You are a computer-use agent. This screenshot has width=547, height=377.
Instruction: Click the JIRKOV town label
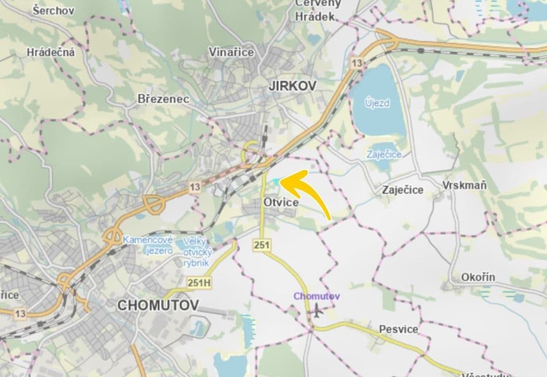click(x=292, y=86)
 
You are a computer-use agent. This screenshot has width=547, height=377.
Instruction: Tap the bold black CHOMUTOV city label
click(x=158, y=305)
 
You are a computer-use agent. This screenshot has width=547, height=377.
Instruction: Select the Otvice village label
click(x=281, y=202)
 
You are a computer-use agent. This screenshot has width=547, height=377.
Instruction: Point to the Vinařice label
click(x=231, y=52)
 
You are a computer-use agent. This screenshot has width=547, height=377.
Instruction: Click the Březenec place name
click(x=163, y=99)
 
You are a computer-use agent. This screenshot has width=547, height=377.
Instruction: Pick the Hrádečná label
click(x=51, y=52)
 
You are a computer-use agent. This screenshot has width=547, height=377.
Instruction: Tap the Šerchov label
click(x=53, y=10)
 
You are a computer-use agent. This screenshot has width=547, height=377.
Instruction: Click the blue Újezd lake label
click(x=378, y=103)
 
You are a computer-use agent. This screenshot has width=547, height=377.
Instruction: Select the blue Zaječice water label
click(x=384, y=154)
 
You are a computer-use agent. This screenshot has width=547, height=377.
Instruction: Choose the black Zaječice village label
click(x=402, y=190)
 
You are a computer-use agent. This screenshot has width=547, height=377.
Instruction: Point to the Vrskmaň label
click(x=464, y=186)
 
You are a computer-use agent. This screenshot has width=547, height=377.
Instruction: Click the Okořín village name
click(x=478, y=277)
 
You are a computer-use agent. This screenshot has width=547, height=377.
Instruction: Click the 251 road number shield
click(x=262, y=245)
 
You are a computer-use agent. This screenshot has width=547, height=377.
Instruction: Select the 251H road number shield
click(x=198, y=283)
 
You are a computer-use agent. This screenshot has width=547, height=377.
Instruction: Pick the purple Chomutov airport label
click(x=317, y=296)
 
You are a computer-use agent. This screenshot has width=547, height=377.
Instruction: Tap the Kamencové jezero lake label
click(x=148, y=245)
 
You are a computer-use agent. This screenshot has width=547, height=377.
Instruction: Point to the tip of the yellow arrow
click(x=281, y=180)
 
